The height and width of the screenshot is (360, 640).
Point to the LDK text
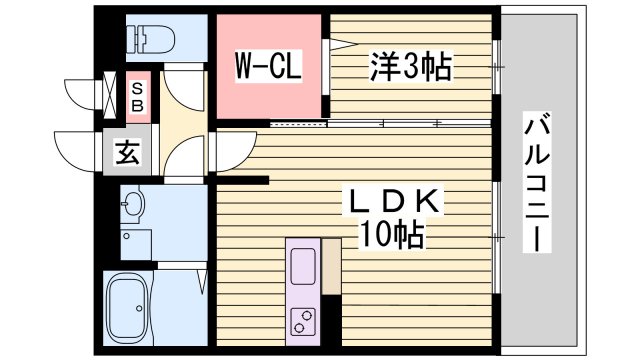[x=392, y=203]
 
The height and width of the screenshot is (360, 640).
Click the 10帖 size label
[x=392, y=236]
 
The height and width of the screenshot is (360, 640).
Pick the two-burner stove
[x=302, y=320]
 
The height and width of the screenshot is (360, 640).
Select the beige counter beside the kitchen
[x=332, y=265]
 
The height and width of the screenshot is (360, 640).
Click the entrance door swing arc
[x=80, y=150]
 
